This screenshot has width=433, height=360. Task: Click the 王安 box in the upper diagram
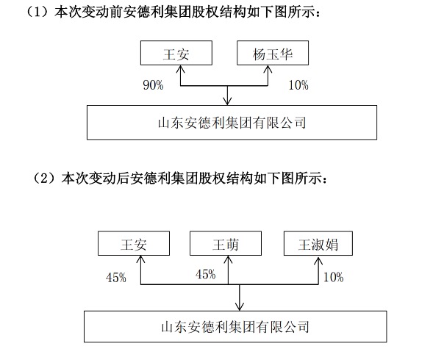coord(176,53)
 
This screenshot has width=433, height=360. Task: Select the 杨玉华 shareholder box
coord(273,53)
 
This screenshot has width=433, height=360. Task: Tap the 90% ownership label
coord(153,84)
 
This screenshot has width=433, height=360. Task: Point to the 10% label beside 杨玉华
coord(298,84)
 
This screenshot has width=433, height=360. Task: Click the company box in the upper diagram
coord(232,122)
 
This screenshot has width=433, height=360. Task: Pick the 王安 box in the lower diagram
coord(134,243)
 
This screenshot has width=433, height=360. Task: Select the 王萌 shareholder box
coord(226,243)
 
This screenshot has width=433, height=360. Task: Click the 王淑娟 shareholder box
coord(318,243)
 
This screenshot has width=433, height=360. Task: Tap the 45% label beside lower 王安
coord(115,278)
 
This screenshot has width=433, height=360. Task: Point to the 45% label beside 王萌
coord(205,274)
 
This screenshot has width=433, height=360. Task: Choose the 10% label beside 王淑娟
coord(333,277)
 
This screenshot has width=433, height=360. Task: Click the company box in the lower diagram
coord(235,327)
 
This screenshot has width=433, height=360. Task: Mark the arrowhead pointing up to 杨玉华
coord(268,69)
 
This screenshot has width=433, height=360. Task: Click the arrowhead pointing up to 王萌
coord(228,259)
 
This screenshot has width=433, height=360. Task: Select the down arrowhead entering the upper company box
coord(227,101)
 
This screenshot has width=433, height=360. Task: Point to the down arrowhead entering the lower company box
coord(239,306)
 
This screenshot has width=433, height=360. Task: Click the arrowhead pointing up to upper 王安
coord(180,69)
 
